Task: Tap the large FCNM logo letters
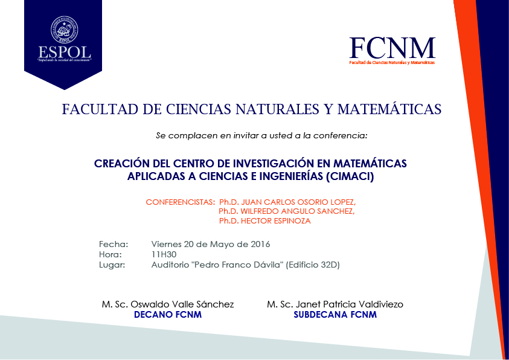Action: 392,48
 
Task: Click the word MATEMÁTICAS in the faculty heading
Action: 389,109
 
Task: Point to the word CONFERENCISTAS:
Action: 180,202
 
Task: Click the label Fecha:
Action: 114,244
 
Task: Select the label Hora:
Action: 111,254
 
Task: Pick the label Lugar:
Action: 112,265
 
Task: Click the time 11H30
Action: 164,254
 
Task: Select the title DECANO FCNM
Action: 167,315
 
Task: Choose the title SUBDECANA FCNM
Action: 335,315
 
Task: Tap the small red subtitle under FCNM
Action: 392,63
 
